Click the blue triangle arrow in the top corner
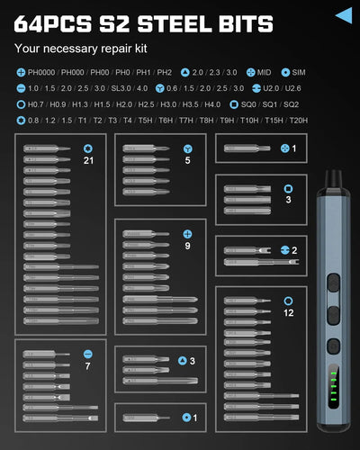[343, 14]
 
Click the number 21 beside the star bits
[88, 160]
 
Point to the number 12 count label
[288, 312]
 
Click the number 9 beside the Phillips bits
[187, 246]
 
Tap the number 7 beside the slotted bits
[87, 367]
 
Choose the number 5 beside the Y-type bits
[187, 160]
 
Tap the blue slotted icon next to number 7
[87, 354]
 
